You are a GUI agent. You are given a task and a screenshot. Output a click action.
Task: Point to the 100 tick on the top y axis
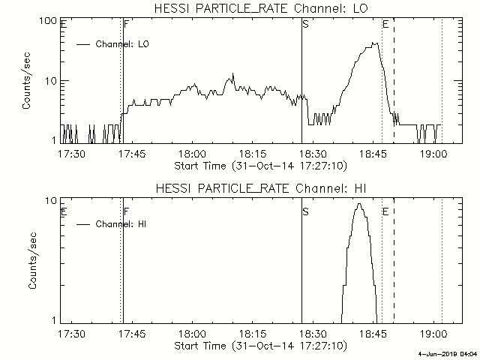[x=49, y=20]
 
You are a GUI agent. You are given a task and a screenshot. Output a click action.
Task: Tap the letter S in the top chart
[x=305, y=25]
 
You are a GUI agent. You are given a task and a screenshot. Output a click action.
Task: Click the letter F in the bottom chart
[x=126, y=211]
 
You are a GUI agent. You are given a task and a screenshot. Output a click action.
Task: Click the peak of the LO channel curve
[x=376, y=43]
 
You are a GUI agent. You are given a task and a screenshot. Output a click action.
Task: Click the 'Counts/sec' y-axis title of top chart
[x=27, y=82]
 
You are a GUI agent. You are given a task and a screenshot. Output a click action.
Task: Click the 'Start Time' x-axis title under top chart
[x=259, y=165]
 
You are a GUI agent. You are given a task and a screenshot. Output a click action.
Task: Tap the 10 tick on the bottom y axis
[x=51, y=202]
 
